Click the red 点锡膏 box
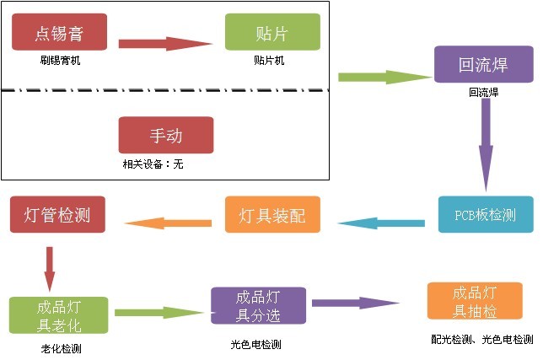pos(59,33)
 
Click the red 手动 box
pos(166,135)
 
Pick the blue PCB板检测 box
pos(485,215)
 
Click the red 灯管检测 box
pos(58,214)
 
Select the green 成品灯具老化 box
pos(59,314)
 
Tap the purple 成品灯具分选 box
pos(257,307)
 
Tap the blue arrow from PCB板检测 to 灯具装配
pos(381,223)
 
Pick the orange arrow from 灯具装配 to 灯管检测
pos(168,223)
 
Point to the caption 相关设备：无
pos(153,164)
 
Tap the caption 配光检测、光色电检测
pos(481,340)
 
